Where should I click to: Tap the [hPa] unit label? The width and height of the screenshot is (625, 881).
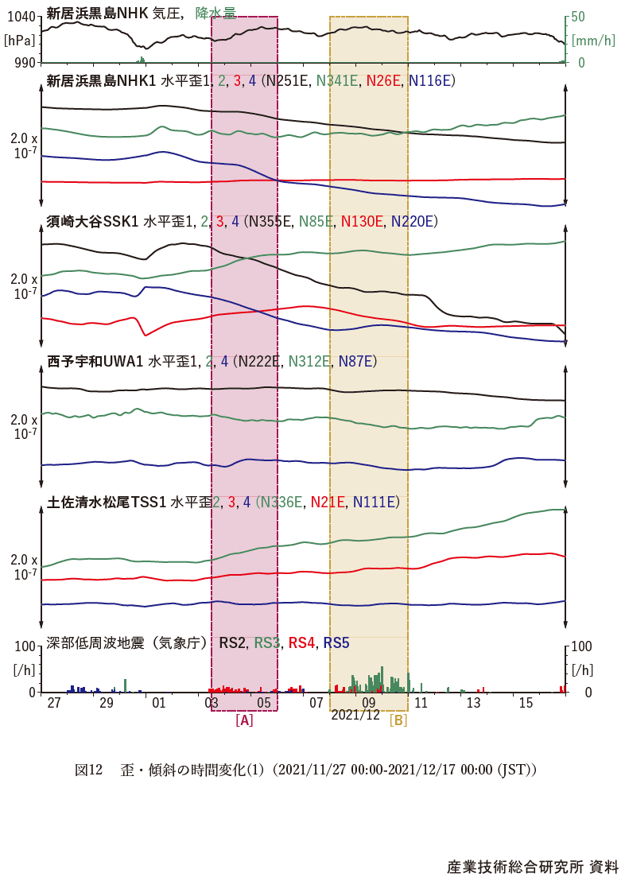tap(19, 39)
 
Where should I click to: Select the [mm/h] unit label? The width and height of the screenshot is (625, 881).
tap(593, 39)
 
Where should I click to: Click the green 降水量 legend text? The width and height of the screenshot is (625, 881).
tap(216, 13)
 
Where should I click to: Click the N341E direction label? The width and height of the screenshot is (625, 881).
tap(337, 80)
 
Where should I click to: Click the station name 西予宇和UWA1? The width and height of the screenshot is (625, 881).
tap(95, 362)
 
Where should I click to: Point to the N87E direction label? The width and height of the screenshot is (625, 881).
tap(357, 362)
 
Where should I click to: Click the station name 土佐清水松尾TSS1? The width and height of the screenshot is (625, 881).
tap(107, 502)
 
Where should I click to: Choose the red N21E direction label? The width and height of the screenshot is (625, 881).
tap(328, 502)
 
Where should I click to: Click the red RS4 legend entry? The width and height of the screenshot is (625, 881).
tap(302, 642)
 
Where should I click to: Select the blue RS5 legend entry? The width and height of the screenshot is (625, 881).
tap(336, 642)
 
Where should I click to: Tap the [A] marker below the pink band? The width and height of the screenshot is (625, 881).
tap(244, 720)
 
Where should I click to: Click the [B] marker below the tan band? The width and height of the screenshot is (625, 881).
tap(398, 720)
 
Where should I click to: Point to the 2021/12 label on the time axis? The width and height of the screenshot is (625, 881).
tap(355, 715)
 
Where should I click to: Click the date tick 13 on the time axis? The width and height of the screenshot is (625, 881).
tap(473, 703)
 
